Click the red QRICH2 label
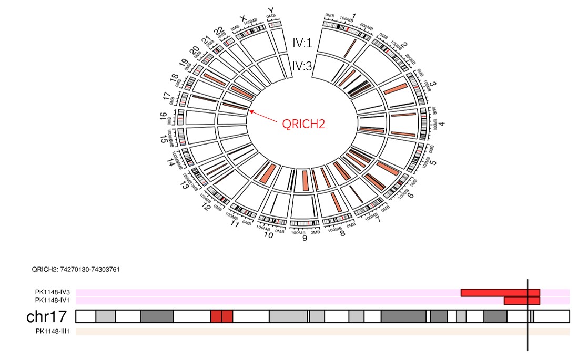(304, 124)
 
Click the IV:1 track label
(302, 43)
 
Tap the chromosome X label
(244, 17)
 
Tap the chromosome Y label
(271, 10)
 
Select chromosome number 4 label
(442, 124)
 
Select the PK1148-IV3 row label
(53, 292)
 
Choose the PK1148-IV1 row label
(53, 301)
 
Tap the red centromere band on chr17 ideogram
(221, 316)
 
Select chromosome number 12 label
(207, 208)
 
